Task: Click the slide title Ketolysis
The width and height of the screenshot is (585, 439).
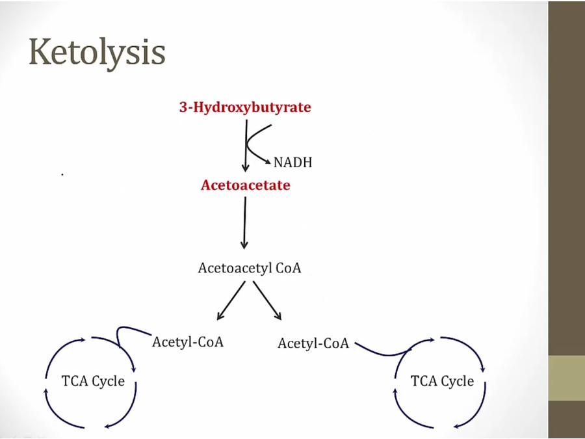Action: point(97,52)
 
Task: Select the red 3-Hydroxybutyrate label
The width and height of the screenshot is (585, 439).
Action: point(245,107)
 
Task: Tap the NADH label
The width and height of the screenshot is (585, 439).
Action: point(292,162)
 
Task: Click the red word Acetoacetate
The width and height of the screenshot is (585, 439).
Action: point(245,185)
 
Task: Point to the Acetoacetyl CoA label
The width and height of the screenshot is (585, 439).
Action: point(250,268)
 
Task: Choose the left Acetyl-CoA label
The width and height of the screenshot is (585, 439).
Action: point(188,341)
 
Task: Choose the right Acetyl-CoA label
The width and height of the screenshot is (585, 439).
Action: point(313,343)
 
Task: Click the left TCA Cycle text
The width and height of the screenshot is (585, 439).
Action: point(93,381)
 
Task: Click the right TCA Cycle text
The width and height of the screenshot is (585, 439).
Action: point(442,381)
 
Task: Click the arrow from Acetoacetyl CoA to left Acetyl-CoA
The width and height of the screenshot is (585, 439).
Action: point(230,301)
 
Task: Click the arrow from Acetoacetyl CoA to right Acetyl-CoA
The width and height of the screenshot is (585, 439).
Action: point(267,301)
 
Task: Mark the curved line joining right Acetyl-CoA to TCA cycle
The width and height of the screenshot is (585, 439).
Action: point(383,353)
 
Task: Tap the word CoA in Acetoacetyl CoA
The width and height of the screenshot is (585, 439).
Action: point(289,268)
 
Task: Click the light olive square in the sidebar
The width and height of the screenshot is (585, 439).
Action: point(566,378)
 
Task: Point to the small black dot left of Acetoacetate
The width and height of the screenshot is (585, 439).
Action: point(62,174)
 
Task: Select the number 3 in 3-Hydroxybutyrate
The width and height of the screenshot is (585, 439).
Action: point(183,107)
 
